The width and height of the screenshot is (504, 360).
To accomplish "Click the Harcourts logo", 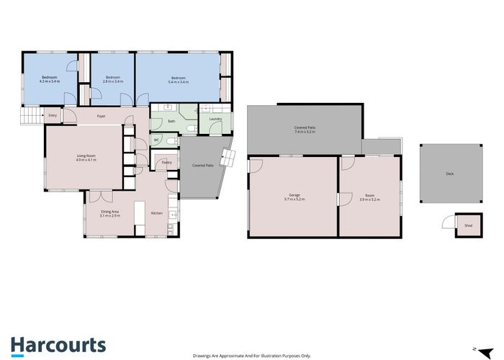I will coord(58,345).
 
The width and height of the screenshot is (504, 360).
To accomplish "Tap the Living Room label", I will coord(86,156).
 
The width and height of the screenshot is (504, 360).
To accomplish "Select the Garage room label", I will coord(294,195).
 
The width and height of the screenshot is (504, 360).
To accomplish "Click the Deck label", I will coord(449,174).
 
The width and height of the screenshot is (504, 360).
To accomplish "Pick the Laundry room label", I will coord(215,120).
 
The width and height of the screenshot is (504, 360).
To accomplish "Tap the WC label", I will coord(156,140).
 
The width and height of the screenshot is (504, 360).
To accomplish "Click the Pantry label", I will coord(166,163).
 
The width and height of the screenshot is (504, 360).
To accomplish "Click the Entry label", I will coord(53,115).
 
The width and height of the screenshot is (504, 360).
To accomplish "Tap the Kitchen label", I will coord(156,213).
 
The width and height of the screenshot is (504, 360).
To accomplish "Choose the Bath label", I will coord(171,121).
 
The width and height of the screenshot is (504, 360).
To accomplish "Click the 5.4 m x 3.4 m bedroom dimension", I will coord(178,81).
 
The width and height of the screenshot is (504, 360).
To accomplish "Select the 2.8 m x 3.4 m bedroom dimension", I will coord(113,81).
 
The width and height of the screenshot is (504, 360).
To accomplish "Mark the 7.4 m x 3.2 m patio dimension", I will coord(305,132).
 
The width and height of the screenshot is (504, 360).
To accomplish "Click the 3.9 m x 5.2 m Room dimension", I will coord(369,199).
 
